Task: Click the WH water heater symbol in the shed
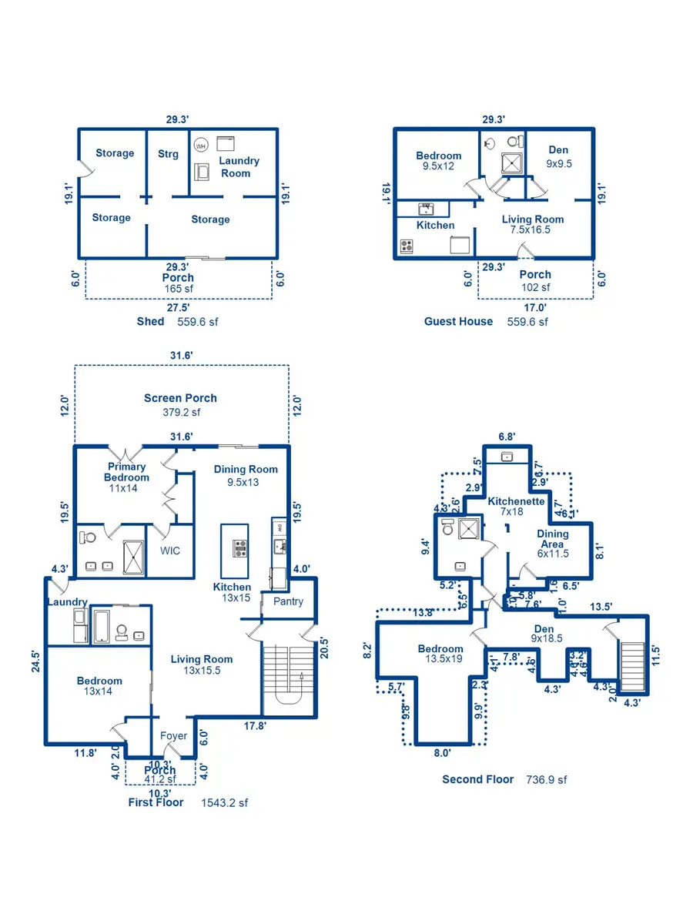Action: click(201, 145)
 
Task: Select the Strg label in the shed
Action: click(168, 154)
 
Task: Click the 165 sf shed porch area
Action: click(178, 289)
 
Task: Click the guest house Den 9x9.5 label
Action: click(559, 156)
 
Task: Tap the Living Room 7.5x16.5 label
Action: click(533, 224)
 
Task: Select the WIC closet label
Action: click(169, 551)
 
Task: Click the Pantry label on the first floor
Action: click(288, 601)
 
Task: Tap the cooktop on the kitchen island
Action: click(240, 549)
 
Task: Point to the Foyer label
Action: click(174, 735)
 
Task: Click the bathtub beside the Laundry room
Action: click(102, 625)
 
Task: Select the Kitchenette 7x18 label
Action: click(516, 506)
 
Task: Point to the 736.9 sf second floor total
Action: click(546, 779)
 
